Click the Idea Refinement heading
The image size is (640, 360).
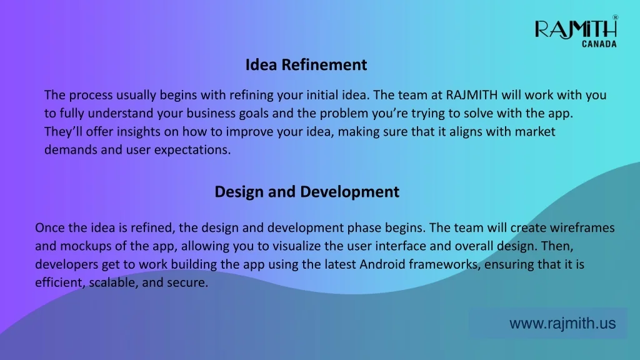(306, 64)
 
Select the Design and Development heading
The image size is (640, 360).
(307, 192)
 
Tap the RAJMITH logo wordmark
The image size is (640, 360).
(576, 29)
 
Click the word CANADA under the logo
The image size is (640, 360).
(599, 44)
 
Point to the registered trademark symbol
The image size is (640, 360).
(615, 17)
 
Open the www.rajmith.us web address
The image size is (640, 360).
(562, 323)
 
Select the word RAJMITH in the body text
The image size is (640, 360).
(471, 95)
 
